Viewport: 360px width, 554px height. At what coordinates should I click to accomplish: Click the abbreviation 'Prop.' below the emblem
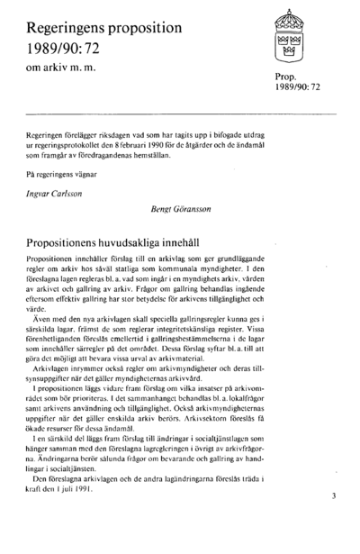(x=287, y=78)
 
